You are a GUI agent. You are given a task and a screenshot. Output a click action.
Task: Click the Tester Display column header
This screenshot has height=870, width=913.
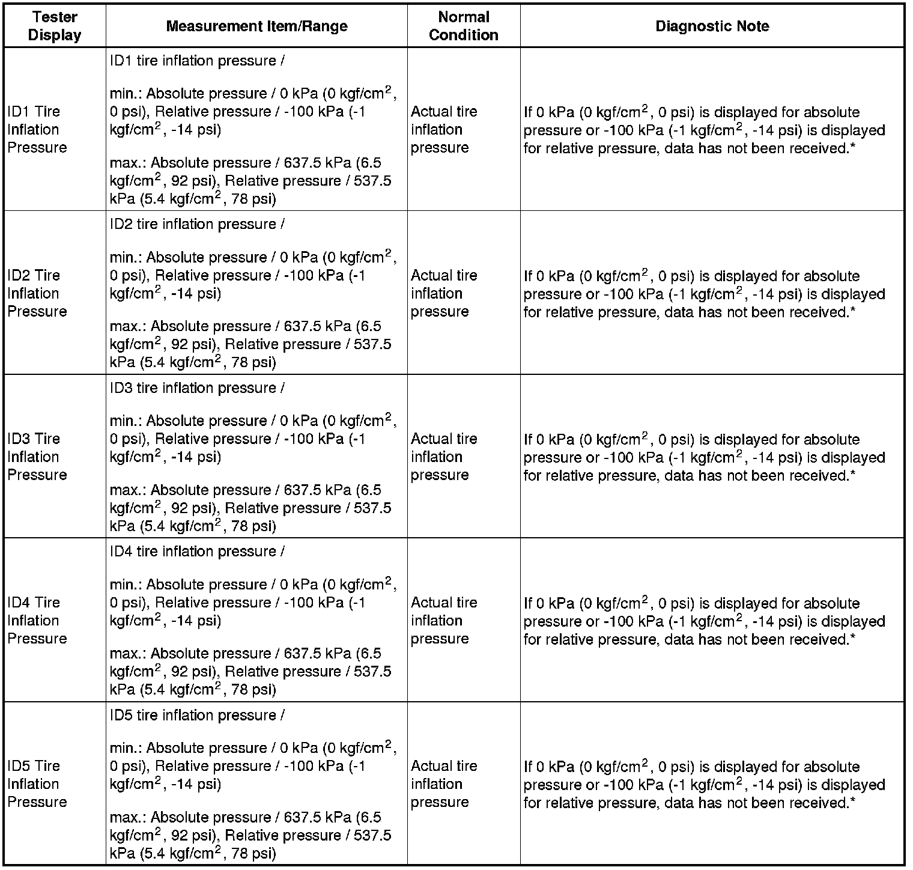(x=55, y=26)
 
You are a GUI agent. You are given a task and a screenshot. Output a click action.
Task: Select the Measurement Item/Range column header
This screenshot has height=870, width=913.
(x=256, y=26)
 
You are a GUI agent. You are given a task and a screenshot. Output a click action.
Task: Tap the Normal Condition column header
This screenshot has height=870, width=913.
(x=463, y=26)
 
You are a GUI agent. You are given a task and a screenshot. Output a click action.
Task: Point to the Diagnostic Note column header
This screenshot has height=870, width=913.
(x=712, y=26)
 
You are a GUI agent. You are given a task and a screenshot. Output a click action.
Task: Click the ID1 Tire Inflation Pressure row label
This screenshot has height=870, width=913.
(x=37, y=129)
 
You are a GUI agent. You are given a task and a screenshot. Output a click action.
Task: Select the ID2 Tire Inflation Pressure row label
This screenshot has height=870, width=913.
(x=37, y=293)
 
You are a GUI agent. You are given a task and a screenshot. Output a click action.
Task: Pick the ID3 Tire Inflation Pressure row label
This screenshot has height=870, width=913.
(x=37, y=457)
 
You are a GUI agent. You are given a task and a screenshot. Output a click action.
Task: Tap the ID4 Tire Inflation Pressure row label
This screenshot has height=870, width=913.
(x=37, y=620)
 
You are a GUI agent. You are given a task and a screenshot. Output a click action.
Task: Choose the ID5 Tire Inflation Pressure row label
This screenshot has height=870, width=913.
(x=37, y=783)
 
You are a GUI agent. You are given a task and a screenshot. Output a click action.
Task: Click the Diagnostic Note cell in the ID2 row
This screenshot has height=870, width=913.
(x=704, y=294)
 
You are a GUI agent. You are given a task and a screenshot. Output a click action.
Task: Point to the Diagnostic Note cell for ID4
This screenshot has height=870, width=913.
(x=704, y=621)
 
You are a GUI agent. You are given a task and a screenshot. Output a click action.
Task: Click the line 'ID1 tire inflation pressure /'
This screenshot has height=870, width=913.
(x=197, y=61)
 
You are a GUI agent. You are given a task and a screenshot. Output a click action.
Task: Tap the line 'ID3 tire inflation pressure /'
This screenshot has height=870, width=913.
(x=197, y=388)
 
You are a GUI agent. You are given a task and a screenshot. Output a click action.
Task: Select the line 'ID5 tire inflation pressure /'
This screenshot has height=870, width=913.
(x=197, y=715)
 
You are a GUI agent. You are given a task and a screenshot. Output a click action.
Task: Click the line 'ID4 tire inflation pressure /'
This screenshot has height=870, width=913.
(x=197, y=552)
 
